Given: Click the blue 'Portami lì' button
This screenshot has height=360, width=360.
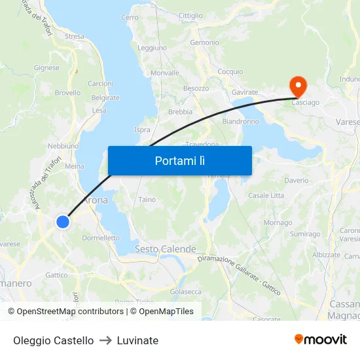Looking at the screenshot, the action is pos(179,160).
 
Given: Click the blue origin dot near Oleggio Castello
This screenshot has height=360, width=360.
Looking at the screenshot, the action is pos(63,222).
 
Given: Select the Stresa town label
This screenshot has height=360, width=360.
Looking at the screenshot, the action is pos(75,37).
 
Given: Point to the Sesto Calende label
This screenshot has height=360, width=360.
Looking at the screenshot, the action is pos(165,249).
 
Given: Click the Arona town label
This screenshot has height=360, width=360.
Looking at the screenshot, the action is pos(96,200).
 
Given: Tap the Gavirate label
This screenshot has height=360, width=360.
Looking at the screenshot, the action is pos(244,92).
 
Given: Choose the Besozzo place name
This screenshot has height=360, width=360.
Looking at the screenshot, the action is pos(196,88).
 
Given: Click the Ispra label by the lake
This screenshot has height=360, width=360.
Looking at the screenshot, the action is pos(142,130).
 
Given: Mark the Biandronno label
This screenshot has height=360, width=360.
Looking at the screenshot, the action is pos(240,121).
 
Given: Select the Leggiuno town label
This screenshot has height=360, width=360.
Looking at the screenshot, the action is pos(152,48).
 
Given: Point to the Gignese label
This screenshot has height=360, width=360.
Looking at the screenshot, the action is pos(46,67).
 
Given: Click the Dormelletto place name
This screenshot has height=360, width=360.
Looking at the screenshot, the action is pos(101,238).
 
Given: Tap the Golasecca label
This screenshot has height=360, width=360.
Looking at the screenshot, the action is pos(186,291).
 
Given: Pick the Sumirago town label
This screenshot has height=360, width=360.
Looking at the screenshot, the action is pos(305,234).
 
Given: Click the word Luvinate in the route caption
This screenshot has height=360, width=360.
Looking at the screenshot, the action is pos(137,340).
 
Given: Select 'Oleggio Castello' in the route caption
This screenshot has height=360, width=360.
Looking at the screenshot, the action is pos(53,340).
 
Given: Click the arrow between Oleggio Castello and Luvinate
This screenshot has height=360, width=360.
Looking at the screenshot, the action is pos(105,340).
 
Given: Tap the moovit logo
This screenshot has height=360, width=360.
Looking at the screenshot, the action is pos(320,339).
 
